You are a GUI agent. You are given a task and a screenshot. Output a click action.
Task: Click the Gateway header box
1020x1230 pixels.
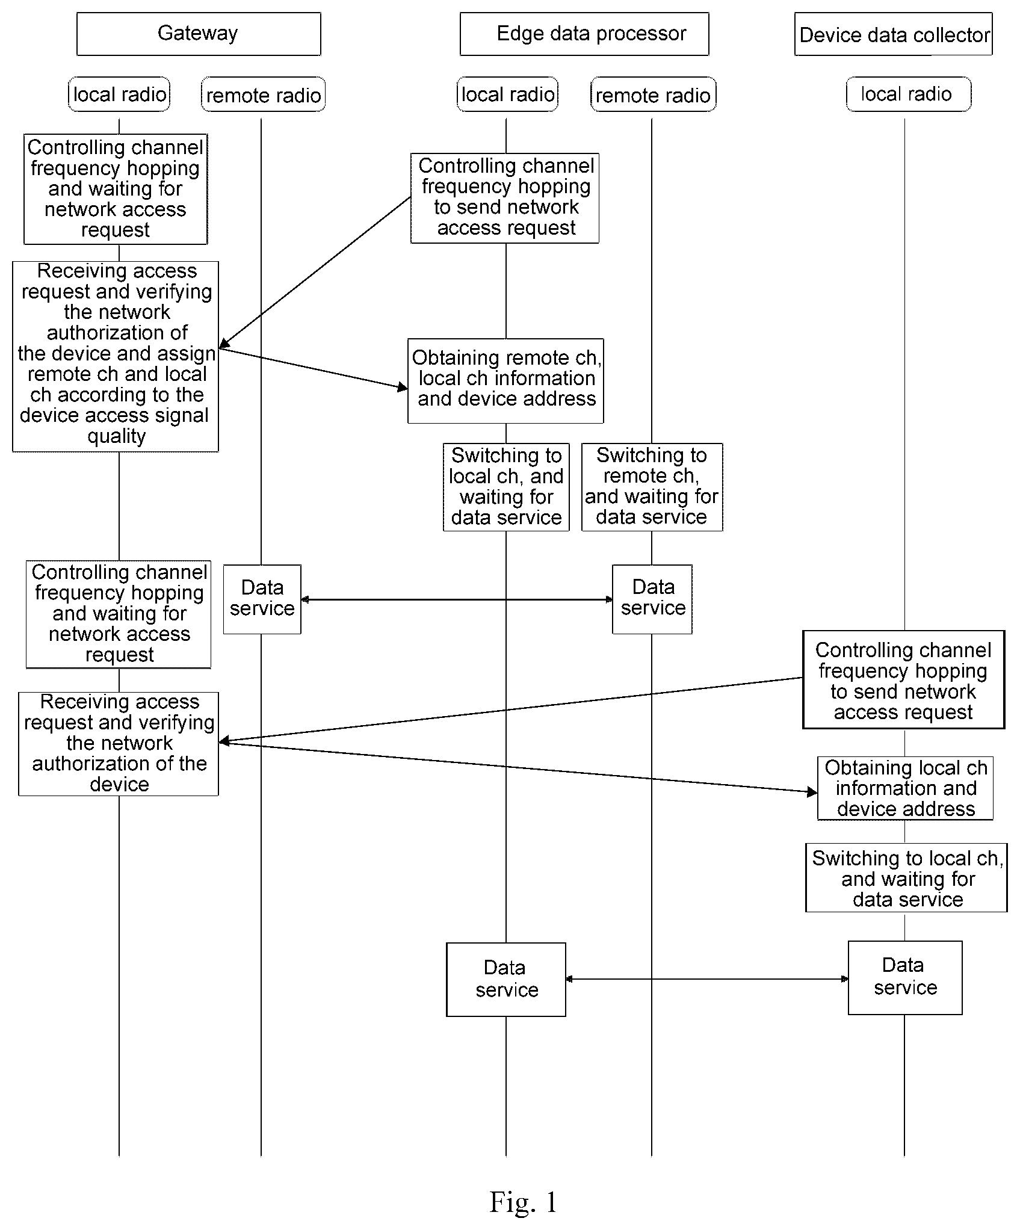click(199, 34)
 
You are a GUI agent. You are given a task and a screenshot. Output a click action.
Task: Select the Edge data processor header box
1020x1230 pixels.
click(584, 34)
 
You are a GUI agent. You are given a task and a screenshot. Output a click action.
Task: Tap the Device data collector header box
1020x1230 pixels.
click(894, 34)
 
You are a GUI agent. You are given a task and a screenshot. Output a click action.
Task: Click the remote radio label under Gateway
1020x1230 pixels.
click(263, 94)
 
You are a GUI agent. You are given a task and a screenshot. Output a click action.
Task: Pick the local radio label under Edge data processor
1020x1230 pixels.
click(507, 94)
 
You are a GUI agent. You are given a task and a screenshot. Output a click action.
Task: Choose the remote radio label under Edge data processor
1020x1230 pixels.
click(653, 94)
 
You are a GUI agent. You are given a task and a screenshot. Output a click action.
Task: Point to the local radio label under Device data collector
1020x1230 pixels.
click(909, 94)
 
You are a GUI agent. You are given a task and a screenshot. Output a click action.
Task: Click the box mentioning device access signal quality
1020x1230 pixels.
click(116, 356)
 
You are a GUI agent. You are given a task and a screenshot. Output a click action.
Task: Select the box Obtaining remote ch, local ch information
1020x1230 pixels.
click(505, 381)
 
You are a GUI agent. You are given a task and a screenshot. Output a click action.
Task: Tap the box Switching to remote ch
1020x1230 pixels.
click(652, 487)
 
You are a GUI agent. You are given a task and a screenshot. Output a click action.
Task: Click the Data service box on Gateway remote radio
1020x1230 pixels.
click(262, 599)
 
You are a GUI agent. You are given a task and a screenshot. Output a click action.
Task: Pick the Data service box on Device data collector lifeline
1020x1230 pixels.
click(905, 978)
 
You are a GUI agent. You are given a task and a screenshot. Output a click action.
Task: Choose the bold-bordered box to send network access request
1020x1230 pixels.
click(904, 680)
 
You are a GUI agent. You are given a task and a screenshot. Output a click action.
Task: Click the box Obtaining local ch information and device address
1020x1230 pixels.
click(905, 788)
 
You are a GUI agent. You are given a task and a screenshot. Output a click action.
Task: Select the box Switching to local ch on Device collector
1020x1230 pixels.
click(906, 878)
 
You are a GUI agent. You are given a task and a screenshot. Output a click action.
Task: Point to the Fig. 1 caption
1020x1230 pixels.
click(522, 1202)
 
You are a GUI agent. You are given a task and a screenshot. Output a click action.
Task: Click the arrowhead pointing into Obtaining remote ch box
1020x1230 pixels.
click(403, 388)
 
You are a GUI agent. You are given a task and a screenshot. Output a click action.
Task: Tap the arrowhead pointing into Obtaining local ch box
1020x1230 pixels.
click(812, 793)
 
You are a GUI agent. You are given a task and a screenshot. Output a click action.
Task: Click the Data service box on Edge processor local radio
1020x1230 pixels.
click(506, 980)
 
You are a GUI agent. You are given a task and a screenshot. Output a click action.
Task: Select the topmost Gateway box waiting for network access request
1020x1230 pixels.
click(116, 189)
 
